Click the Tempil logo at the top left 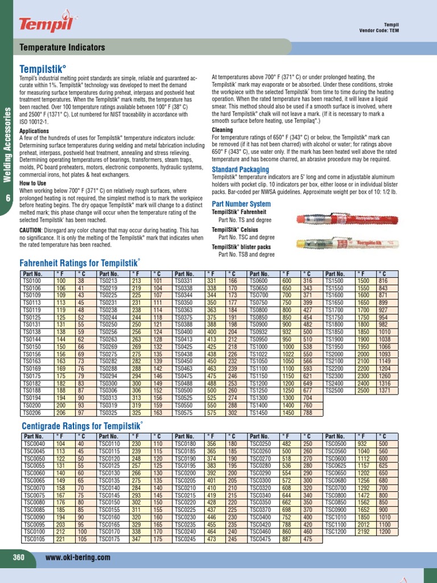coord(39,23)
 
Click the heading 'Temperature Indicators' coord(63,48)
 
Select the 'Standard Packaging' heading coord(240,170)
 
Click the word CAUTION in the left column coord(35,230)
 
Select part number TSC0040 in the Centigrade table coord(33,443)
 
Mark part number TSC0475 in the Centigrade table coord(261,538)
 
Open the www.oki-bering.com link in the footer coord(77,558)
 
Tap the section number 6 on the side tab coord(8,198)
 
